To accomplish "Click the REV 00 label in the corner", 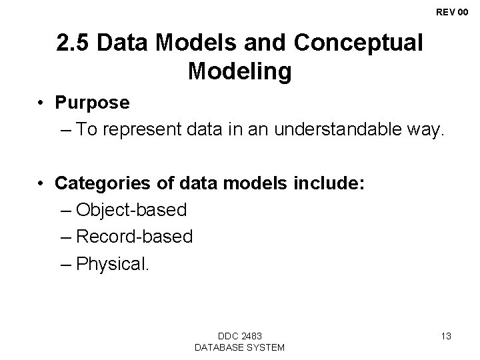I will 451,12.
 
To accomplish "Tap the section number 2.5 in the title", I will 75,43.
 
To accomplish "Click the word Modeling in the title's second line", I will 239,71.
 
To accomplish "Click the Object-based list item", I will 131,210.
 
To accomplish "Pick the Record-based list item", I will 135,237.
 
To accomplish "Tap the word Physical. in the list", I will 114,263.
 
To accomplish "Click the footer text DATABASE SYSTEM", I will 239,347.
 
